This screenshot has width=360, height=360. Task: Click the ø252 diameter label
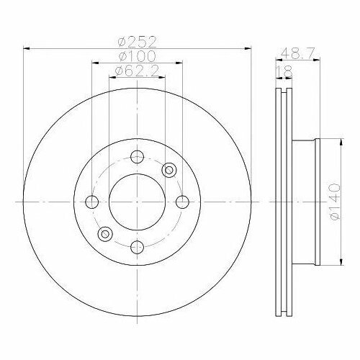138,42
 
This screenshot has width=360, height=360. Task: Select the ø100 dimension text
138,56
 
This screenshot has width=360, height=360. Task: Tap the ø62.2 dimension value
137,71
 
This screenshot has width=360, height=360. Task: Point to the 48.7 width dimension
297,53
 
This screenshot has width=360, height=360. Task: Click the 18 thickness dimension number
284,71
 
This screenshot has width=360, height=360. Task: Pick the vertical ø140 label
336,202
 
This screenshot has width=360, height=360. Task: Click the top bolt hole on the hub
137,157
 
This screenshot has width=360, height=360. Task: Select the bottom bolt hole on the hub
137,247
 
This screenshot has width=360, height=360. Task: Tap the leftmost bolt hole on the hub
92,202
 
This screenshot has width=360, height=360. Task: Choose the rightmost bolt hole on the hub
182,202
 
